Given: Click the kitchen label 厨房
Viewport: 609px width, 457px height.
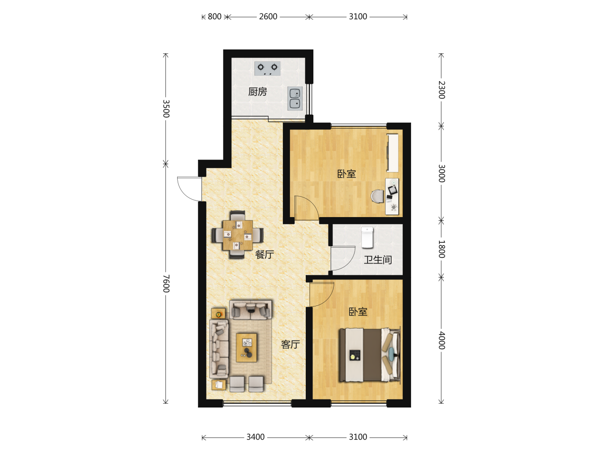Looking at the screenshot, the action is pyautogui.click(x=257, y=91).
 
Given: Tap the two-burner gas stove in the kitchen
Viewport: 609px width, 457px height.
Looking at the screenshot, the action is pyautogui.click(x=267, y=68).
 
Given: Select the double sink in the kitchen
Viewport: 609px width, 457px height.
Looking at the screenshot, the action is pyautogui.click(x=295, y=99).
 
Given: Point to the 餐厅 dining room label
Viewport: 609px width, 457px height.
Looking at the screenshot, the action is pyautogui.click(x=264, y=254).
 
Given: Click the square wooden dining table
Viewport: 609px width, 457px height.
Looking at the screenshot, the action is pyautogui.click(x=238, y=235).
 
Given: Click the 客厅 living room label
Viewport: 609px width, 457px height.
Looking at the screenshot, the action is pyautogui.click(x=290, y=344).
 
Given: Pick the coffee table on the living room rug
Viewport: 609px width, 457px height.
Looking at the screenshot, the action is pyautogui.click(x=247, y=348).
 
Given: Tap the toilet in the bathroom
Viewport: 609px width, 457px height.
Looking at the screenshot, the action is pyautogui.click(x=367, y=237).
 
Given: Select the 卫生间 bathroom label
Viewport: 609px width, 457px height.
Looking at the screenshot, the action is pyautogui.click(x=378, y=260).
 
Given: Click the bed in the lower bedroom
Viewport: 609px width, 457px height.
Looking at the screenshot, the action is pyautogui.click(x=370, y=355).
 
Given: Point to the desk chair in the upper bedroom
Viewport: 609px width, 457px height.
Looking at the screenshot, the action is pyautogui.click(x=378, y=196).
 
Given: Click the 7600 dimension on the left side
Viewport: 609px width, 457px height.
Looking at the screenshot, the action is pyautogui.click(x=166, y=284).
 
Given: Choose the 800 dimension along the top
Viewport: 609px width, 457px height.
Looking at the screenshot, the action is pyautogui.click(x=214, y=17).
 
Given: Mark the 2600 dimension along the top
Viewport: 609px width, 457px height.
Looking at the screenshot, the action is pyautogui.click(x=268, y=17).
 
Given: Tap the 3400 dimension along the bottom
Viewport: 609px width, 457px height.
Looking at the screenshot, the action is pyautogui.click(x=255, y=437).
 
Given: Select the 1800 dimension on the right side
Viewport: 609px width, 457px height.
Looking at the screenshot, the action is pyautogui.click(x=442, y=249).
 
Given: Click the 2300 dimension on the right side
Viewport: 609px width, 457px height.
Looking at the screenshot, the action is pyautogui.click(x=442, y=90).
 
